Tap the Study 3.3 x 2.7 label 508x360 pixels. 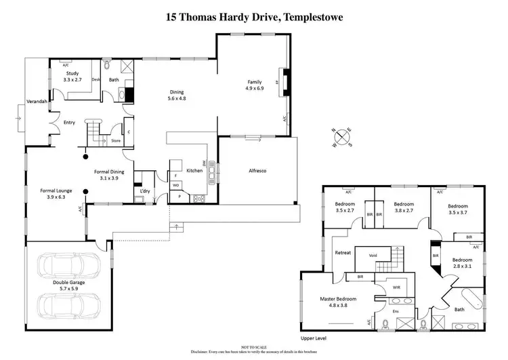coord(72,76)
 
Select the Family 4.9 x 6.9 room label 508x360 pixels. coord(253,84)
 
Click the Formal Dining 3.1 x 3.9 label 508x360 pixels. coord(107,175)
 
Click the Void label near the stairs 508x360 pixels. coord(373,255)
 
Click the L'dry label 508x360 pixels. coord(144,191)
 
